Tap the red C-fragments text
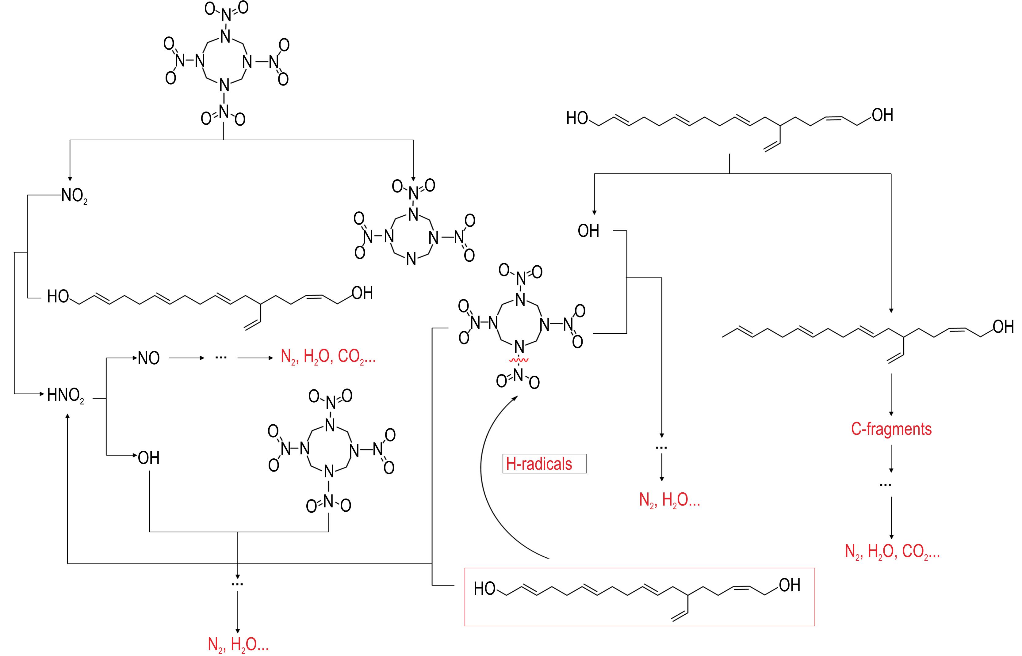(891, 429)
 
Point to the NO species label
(149, 358)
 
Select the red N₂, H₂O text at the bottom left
(238, 644)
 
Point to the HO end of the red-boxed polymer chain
(484, 589)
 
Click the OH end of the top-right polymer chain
(882, 115)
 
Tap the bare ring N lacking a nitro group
(411, 259)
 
